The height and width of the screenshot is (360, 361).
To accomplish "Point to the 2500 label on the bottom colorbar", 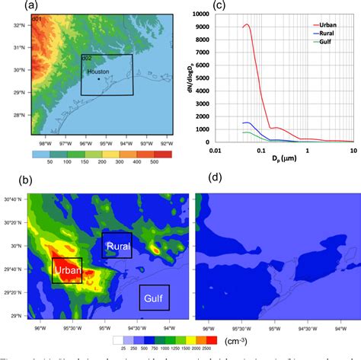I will pos(214,348).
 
